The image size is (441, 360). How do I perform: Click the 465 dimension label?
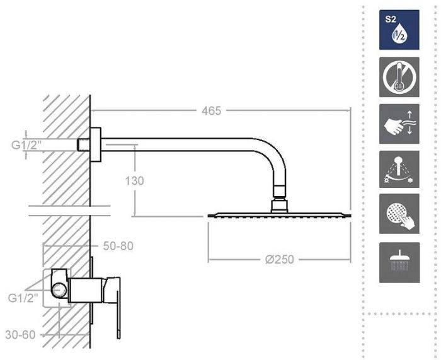211,111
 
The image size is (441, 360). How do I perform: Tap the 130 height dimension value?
134,181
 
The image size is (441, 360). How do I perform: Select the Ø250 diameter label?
280,259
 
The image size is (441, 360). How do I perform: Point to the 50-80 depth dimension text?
118,246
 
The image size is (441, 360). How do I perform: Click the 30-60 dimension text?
20,335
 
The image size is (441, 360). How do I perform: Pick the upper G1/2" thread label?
26,145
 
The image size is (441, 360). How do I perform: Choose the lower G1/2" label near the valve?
23,298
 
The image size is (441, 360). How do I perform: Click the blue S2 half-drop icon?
399,30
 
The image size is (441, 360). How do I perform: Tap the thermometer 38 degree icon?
399,77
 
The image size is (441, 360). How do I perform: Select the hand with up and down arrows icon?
399,124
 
